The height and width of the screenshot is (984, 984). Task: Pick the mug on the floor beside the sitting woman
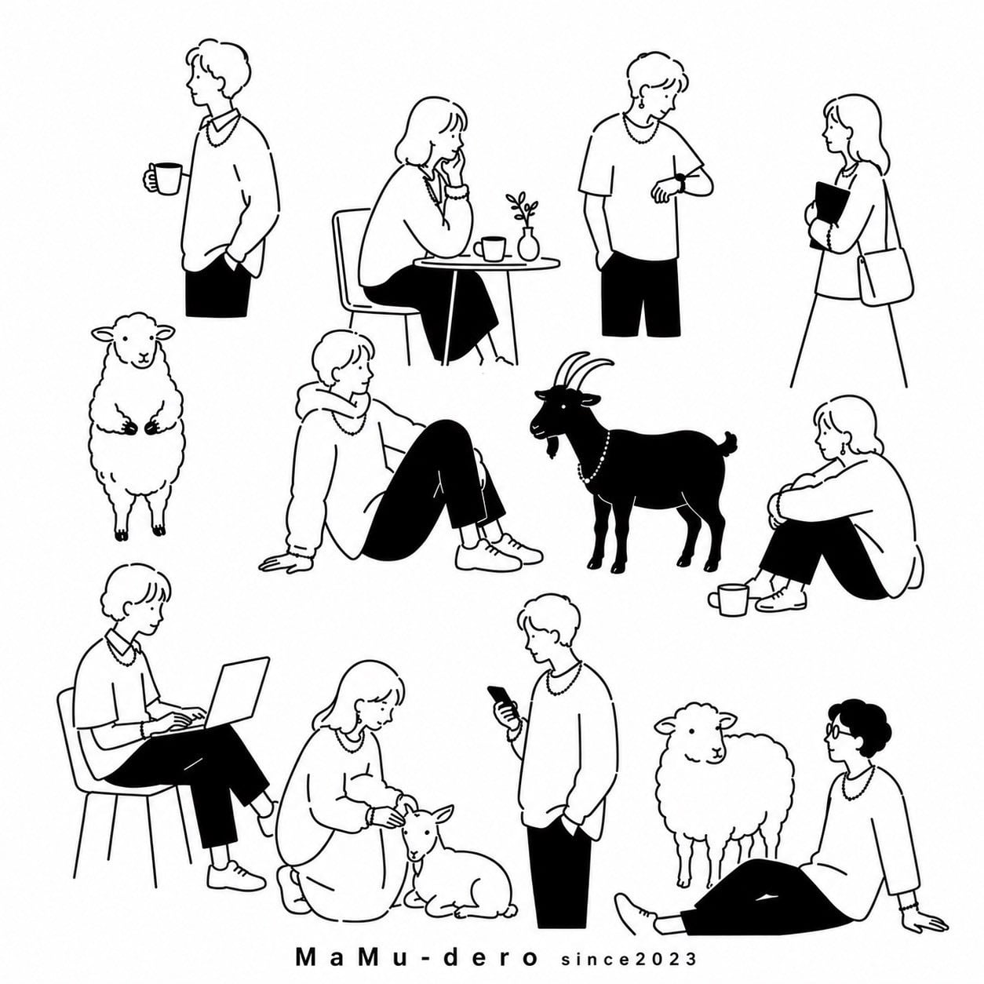pos(728,600)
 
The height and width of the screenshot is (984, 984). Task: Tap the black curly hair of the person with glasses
pos(862,725)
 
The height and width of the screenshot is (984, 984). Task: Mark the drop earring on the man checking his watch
pos(640,104)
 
